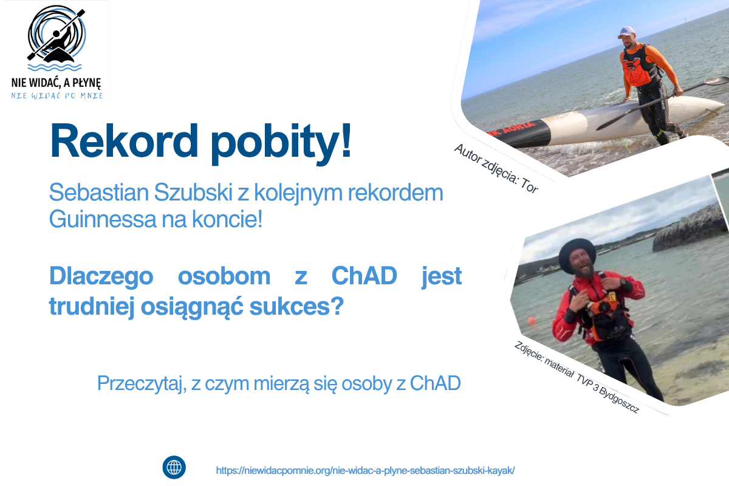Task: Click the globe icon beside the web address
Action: pos(174,468)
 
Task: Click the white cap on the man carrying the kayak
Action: pos(626,31)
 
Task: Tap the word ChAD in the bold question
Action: pos(364,277)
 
